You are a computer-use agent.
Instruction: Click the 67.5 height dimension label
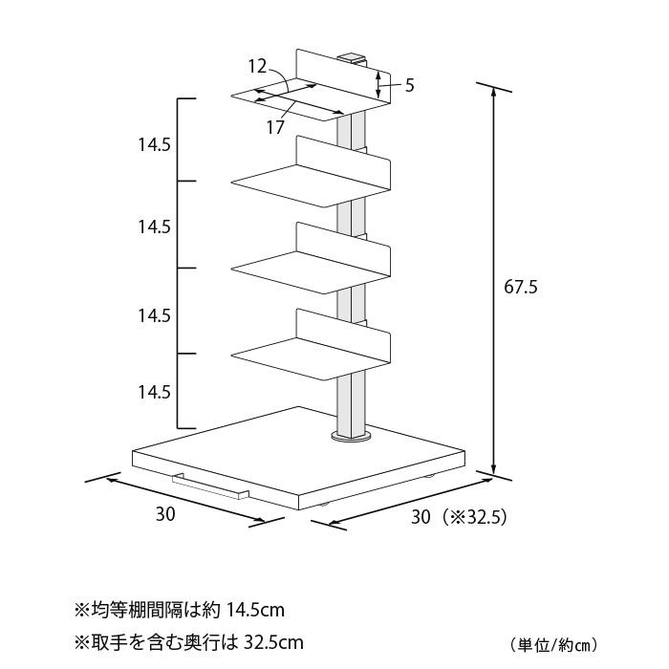(x=521, y=287)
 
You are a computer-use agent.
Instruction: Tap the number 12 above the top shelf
(x=257, y=66)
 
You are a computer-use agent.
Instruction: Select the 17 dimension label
(x=275, y=127)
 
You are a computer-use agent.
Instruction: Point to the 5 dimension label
(x=410, y=85)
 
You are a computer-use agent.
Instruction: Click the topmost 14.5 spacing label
(x=154, y=145)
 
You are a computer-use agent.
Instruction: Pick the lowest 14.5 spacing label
(x=154, y=392)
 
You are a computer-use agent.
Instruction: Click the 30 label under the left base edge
(x=165, y=514)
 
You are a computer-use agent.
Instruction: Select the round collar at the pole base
(x=351, y=437)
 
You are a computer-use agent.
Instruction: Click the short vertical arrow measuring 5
(x=378, y=84)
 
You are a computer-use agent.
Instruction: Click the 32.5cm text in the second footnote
(x=273, y=641)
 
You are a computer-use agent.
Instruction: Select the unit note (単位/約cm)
(x=553, y=645)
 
